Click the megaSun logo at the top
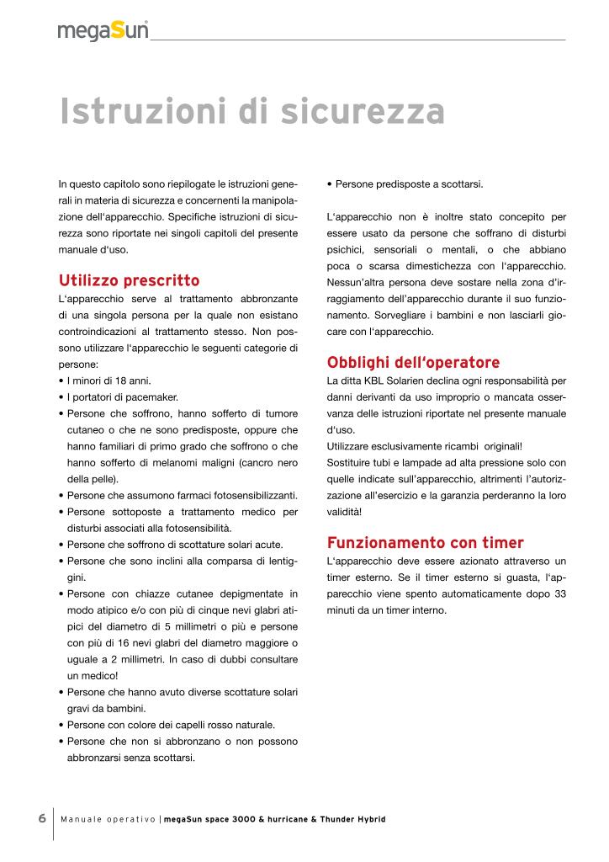pos(103,31)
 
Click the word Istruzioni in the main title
pos(150,112)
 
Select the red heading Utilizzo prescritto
pos(129,279)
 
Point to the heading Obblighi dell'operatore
pos(412,363)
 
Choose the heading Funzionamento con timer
pos(425,542)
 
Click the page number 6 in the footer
pos(41,818)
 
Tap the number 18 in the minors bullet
pos(119,380)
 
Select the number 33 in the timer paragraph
pos(559,593)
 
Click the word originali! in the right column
pos(496,446)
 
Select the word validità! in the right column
pos(345,511)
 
